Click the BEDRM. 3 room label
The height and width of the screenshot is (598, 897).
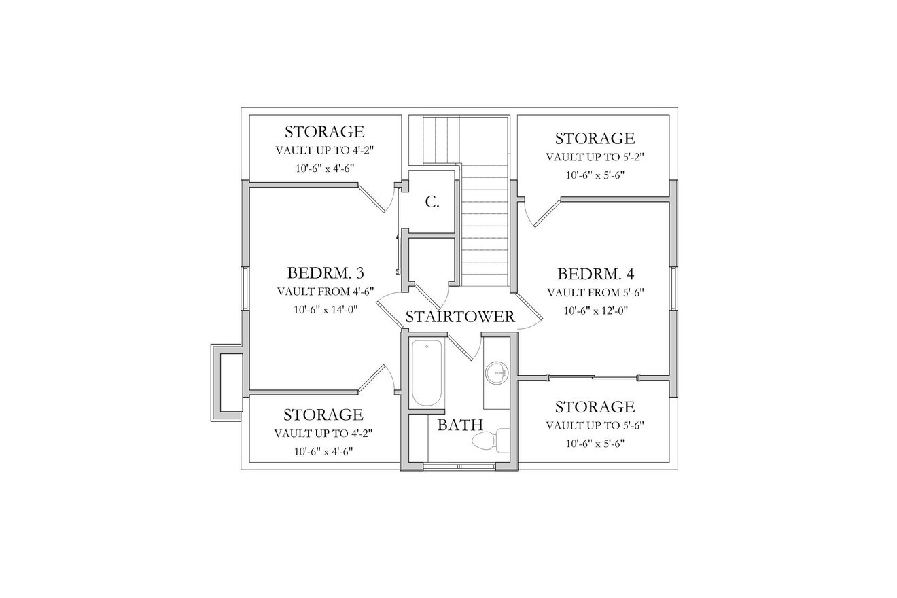pyautogui.click(x=326, y=273)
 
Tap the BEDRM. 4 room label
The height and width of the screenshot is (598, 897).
pyautogui.click(x=595, y=274)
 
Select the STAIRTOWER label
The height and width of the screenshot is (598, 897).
pyautogui.click(x=460, y=317)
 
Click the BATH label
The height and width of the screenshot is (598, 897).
pyautogui.click(x=460, y=425)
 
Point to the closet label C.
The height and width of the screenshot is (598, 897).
pyautogui.click(x=432, y=202)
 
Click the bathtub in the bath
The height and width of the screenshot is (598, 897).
pyautogui.click(x=427, y=372)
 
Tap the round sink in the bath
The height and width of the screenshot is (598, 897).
pyautogui.click(x=497, y=372)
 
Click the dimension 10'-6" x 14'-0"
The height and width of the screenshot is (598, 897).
pyautogui.click(x=326, y=309)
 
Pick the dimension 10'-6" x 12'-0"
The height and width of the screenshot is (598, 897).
pyautogui.click(x=595, y=311)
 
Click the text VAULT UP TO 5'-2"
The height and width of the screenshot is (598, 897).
pyautogui.click(x=595, y=157)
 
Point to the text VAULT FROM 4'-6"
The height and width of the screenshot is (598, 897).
pyautogui.click(x=326, y=292)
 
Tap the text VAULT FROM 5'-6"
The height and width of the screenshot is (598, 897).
pyautogui.click(x=595, y=293)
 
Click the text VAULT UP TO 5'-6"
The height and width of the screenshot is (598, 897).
pyautogui.click(x=595, y=425)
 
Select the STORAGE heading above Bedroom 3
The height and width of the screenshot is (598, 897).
pyautogui.click(x=324, y=132)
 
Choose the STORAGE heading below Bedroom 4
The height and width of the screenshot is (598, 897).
pyautogui.click(x=595, y=407)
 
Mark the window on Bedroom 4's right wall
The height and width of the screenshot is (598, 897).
pyautogui.click(x=673, y=288)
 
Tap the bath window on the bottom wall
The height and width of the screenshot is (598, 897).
pyautogui.click(x=459, y=466)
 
